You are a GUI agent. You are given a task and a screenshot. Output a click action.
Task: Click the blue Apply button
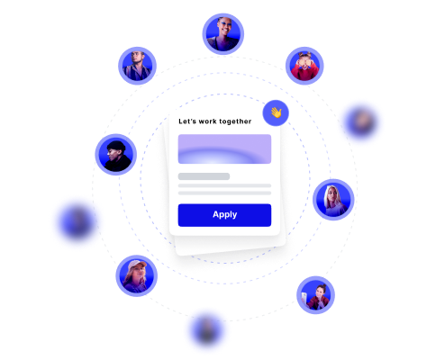click(x=224, y=215)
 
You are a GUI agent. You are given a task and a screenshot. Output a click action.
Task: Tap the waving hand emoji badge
click(x=276, y=113)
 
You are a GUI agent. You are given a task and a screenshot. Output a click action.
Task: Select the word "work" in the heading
click(x=207, y=121)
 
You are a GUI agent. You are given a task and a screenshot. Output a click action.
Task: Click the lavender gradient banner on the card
click(x=224, y=149)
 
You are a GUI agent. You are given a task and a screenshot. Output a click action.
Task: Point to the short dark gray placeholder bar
click(x=204, y=176)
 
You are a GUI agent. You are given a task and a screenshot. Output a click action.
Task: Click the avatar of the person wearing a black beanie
click(x=116, y=155)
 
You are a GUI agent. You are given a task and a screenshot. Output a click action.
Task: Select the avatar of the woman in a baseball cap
click(x=137, y=276)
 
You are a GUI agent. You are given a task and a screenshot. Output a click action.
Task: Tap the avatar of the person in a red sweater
click(x=304, y=66)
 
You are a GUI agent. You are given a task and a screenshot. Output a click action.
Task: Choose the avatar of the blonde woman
click(x=333, y=200)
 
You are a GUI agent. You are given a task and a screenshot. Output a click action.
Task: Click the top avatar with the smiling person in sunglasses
click(x=223, y=34)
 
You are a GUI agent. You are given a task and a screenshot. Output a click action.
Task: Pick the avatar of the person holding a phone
click(x=315, y=295)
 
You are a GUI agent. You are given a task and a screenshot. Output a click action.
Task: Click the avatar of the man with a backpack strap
click(x=137, y=66)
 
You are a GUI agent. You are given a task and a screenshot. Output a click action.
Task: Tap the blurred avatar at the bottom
click(x=207, y=330)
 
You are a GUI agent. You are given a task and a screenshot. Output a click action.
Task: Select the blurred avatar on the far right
click(x=361, y=122)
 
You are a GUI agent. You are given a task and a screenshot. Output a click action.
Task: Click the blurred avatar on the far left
click(x=77, y=222)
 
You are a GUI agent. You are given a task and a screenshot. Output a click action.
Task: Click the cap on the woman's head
click(x=137, y=264)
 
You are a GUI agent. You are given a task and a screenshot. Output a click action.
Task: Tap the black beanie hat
click(x=115, y=146)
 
